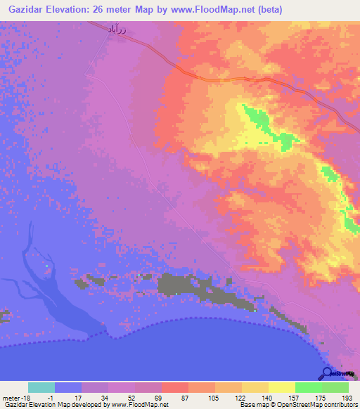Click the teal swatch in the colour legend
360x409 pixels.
41,387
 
